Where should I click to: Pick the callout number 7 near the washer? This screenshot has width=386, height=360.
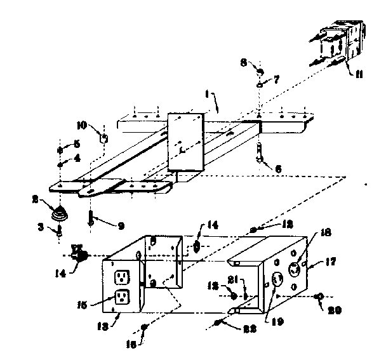point(276,80)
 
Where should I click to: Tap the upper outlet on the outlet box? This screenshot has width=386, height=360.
point(122,277)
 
